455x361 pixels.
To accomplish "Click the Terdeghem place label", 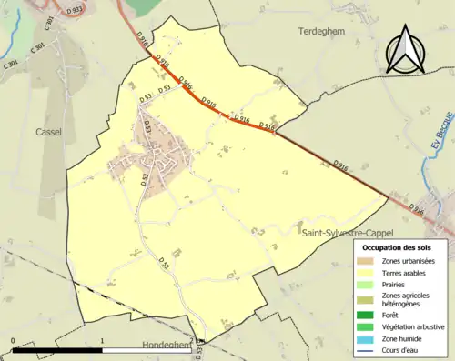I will click(x=320, y=31).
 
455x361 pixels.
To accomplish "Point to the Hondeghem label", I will click(x=169, y=346).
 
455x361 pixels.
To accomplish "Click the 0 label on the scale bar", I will click(x=14, y=341).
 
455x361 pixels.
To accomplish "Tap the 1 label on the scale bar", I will click(x=102, y=341).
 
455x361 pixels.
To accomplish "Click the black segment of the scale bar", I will click(x=58, y=351).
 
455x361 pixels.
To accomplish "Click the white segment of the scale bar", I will click(x=146, y=351).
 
